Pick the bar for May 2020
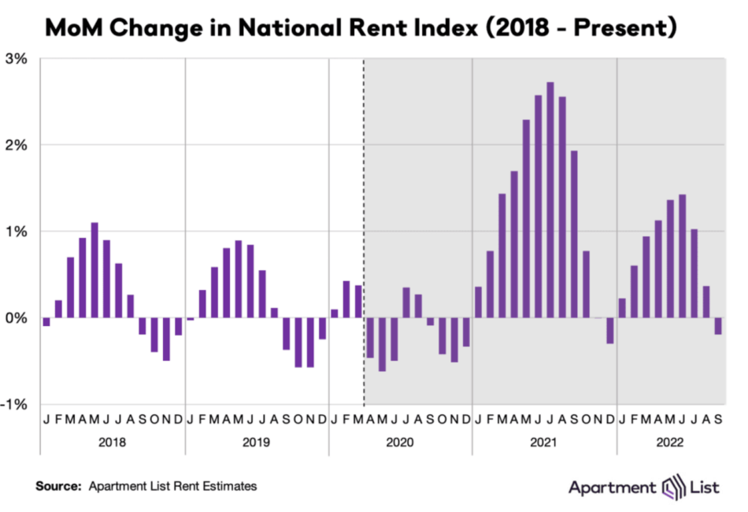[383, 344]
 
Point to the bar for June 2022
[683, 256]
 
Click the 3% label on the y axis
[18, 59]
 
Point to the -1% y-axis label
[17, 404]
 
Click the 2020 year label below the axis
[401, 443]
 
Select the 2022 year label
[669, 443]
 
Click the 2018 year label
[112, 443]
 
